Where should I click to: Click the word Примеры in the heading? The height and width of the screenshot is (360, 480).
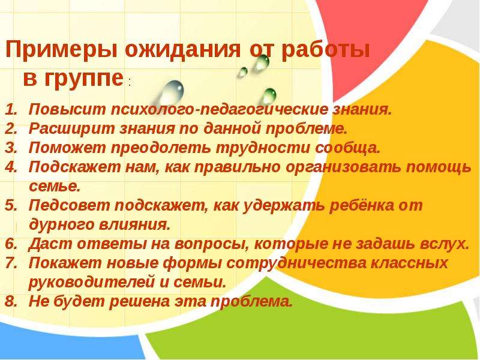pos(61,50)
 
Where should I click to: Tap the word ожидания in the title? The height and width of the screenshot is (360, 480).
pos(183,50)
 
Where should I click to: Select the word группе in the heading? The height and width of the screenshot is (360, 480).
pos(84,79)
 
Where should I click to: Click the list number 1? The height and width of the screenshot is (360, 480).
pos(10,110)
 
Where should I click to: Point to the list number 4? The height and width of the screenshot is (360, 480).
pos(11,167)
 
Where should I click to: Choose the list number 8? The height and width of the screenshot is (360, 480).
pos(11,301)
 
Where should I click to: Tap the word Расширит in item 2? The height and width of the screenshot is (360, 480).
pos(71,129)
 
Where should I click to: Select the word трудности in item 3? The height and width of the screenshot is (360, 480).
pos(263,148)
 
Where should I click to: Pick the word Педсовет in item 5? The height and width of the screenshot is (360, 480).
pos(69,206)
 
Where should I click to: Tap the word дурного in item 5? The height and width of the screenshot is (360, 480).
pos(62,224)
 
